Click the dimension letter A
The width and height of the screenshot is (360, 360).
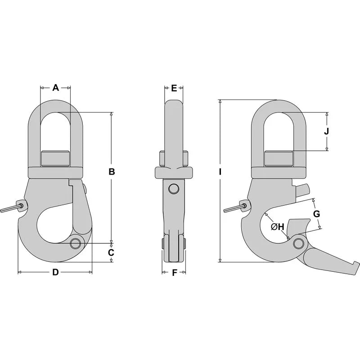(x=55, y=88)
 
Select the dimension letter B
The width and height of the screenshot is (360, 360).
(x=112, y=171)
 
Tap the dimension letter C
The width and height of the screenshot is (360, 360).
(x=111, y=253)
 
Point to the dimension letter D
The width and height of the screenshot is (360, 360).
(x=55, y=272)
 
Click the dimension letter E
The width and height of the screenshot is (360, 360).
(x=174, y=88)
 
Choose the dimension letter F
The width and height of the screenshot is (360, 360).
(x=174, y=272)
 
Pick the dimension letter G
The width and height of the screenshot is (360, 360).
(x=317, y=214)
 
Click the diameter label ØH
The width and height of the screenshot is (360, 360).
(x=277, y=227)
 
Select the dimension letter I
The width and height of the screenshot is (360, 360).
(x=220, y=171)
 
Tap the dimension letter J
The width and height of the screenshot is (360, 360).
(x=327, y=131)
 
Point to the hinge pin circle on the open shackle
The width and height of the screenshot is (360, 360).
(x=297, y=243)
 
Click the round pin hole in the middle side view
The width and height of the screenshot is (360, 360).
(x=173, y=188)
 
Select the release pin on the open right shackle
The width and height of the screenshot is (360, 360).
(x=235, y=207)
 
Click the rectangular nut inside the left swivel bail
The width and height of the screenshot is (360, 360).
(x=55, y=158)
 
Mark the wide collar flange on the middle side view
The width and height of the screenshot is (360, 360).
(x=174, y=172)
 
